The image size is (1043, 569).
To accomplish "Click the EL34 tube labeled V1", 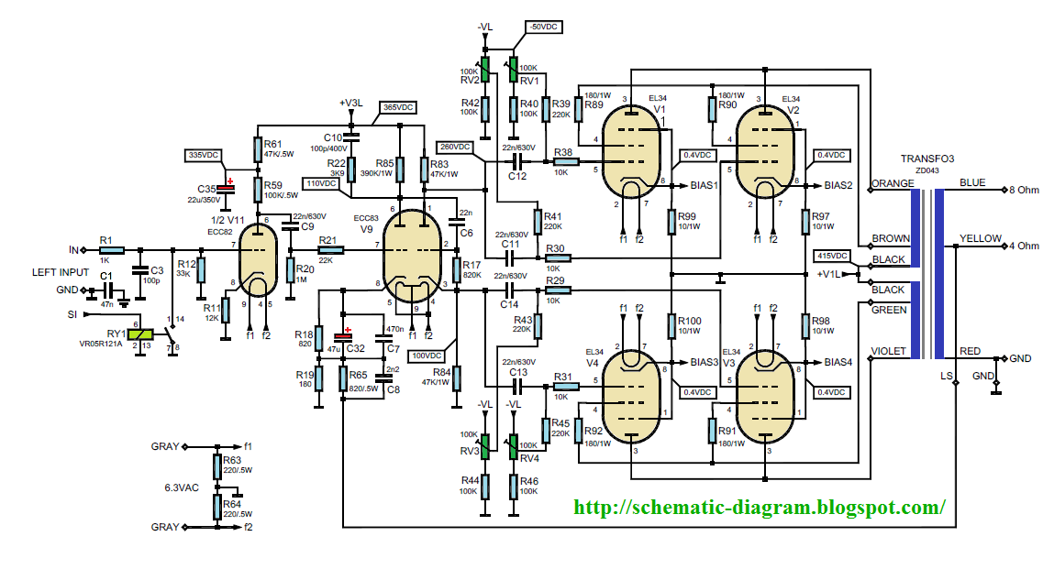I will pos(633,148).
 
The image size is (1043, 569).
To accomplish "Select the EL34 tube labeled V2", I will pos(767,148).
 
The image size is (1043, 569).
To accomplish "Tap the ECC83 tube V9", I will pos(409,247).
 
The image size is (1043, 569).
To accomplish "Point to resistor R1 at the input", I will pos(106,249).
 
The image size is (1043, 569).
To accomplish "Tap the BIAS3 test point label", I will pos(705,362).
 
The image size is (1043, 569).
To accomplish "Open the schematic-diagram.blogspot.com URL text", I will pos(759,506).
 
